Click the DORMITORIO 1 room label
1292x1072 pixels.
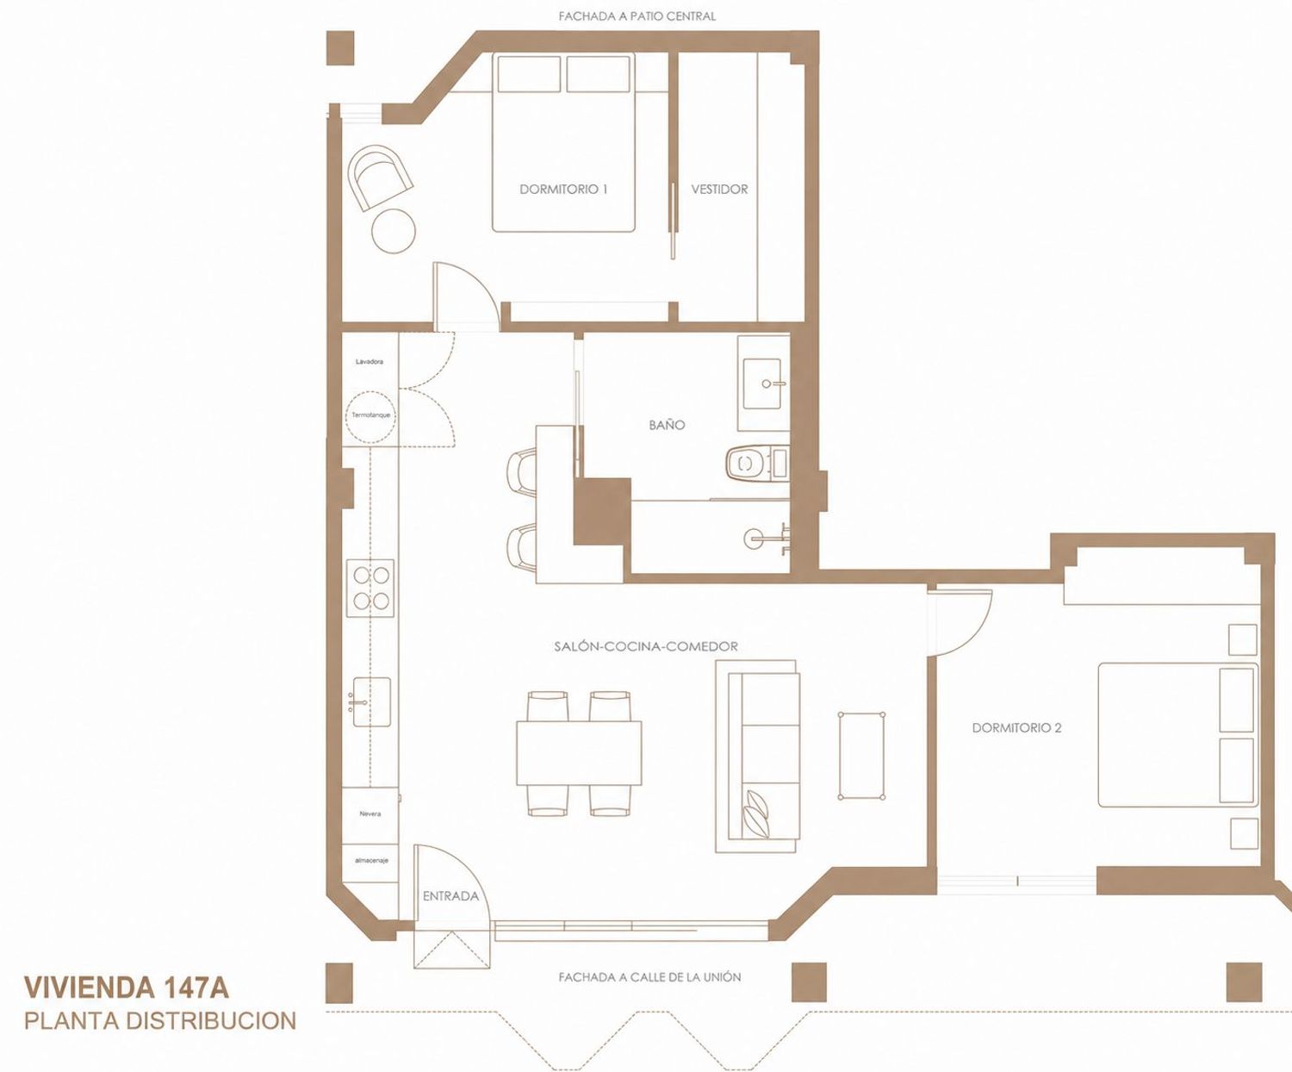pos(563,189)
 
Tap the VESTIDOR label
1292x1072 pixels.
pos(719,189)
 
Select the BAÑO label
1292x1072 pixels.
pos(667,424)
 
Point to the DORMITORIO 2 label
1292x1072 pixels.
pos(1016,728)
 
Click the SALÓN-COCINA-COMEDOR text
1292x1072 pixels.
pos(646,646)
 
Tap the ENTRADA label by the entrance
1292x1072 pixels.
pos(450,895)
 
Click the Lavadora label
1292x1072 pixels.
pos(370,361)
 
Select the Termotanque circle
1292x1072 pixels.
pos(370,417)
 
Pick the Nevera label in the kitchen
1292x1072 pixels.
pos(370,813)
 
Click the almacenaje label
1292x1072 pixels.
pos(371,860)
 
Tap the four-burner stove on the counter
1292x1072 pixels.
pos(370,588)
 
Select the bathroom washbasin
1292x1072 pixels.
pos(763,383)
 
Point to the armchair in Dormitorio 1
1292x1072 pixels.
pos(379,178)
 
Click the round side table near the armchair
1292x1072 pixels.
pos(394,230)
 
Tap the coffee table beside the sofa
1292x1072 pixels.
pos(861,756)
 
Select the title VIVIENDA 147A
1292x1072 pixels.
pos(127,988)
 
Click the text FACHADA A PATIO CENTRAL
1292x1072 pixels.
pos(637,16)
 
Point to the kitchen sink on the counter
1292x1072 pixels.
pos(371,701)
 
